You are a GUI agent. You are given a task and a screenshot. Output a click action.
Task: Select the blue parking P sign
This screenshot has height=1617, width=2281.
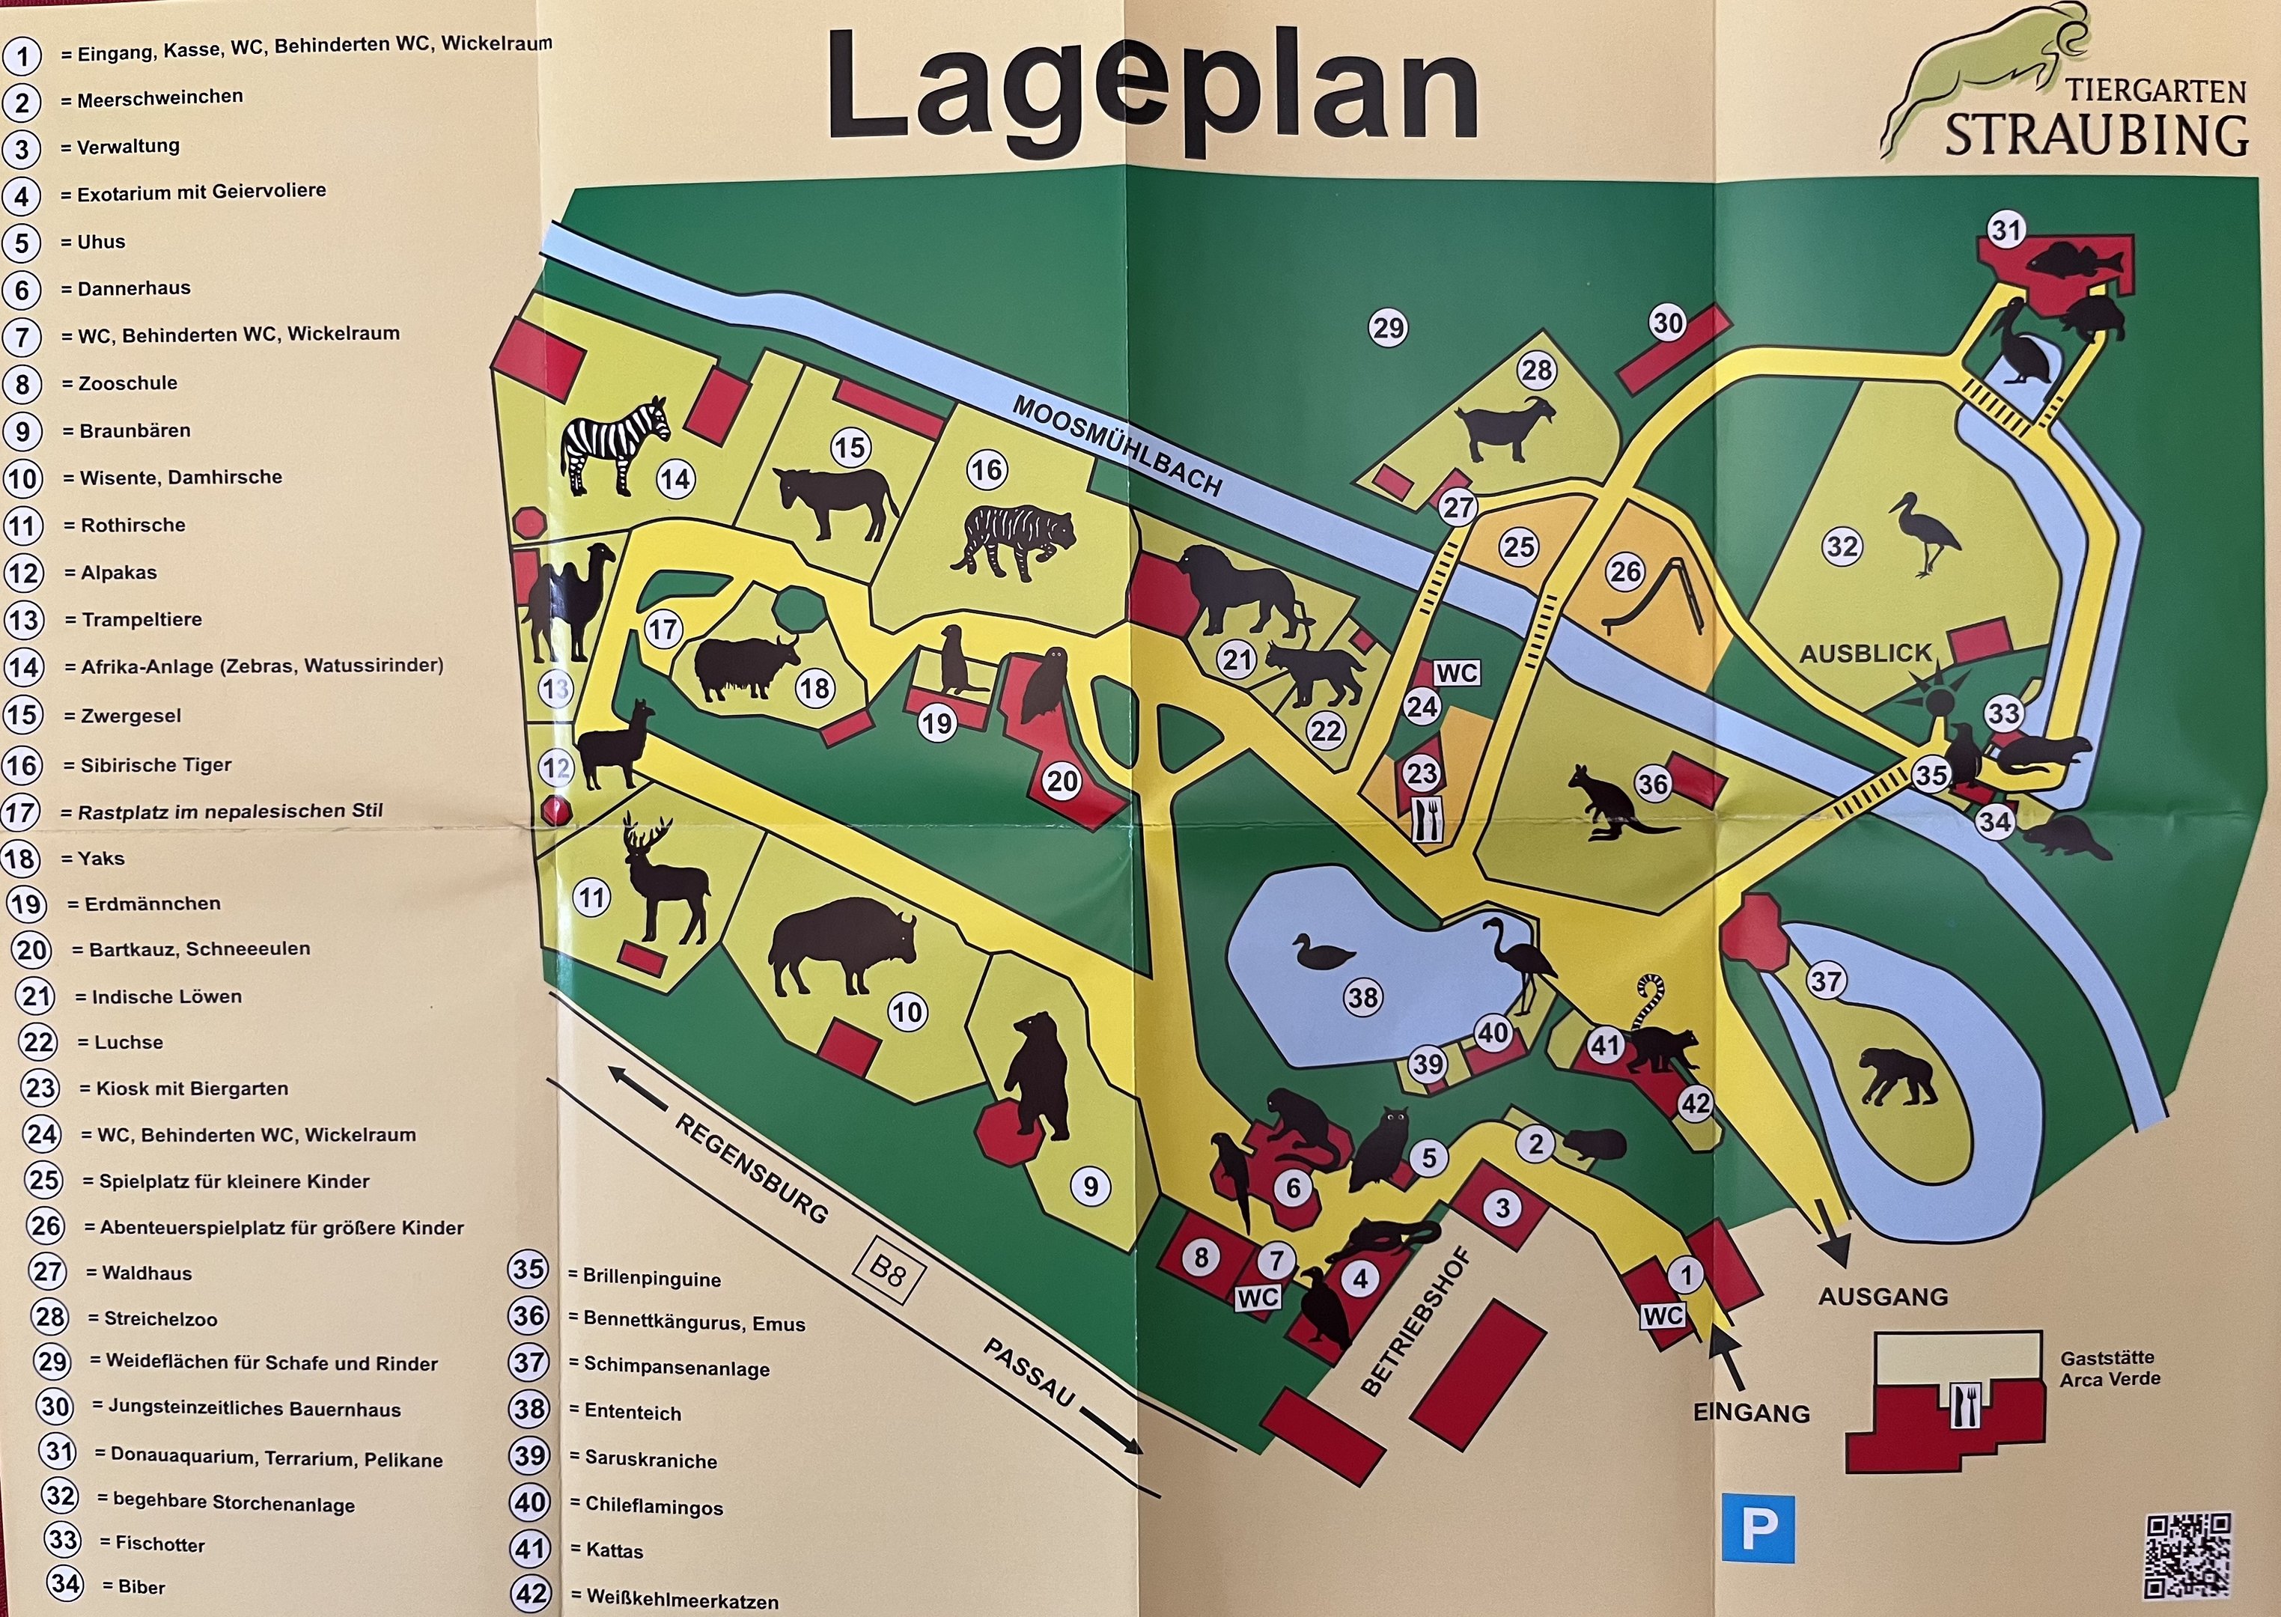(1757, 1529)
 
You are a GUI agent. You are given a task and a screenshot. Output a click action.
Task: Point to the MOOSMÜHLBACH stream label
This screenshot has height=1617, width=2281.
(1116, 446)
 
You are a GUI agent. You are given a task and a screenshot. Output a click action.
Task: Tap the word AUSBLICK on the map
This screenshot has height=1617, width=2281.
(1865, 654)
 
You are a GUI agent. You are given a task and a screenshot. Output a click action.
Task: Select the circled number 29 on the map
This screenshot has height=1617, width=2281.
(1388, 328)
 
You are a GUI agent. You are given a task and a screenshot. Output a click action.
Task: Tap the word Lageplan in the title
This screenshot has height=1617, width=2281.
(1152, 88)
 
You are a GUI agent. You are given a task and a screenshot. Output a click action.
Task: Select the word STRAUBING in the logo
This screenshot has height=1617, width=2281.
(2096, 135)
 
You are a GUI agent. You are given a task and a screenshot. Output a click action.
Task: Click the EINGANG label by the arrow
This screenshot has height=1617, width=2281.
(1751, 1412)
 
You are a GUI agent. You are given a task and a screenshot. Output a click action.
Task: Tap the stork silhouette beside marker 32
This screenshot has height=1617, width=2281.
(1927, 534)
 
